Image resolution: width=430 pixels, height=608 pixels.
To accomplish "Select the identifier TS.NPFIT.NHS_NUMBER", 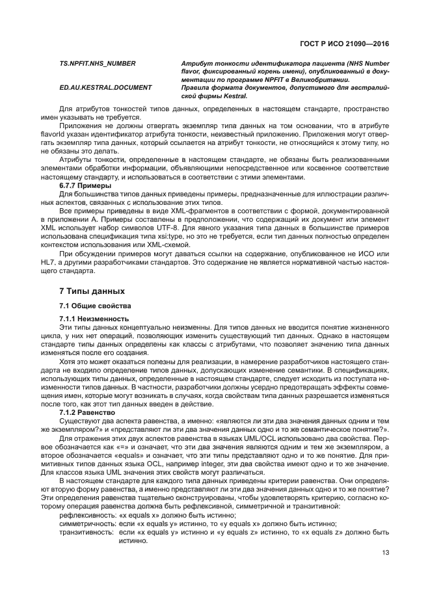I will click(98, 63).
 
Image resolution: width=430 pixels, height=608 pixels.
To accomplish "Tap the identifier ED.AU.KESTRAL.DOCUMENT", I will click(105, 87).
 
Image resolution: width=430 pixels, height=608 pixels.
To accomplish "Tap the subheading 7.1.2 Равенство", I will click(87, 413).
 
